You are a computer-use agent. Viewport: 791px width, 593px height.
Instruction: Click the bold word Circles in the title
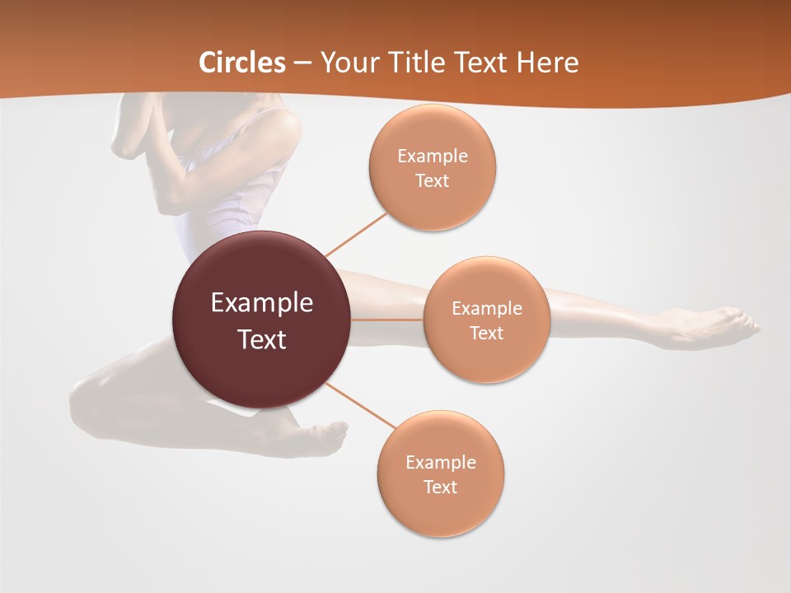coord(241,63)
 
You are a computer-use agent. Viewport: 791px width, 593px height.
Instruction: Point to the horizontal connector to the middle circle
coord(387,320)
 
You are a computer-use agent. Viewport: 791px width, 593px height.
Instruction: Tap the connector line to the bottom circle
coord(360,405)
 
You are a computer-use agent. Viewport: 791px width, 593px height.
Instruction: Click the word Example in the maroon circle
coord(262,303)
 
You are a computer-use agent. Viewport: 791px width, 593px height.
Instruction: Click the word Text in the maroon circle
coord(262,339)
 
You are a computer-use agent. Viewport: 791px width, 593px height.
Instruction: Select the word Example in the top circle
coord(433,156)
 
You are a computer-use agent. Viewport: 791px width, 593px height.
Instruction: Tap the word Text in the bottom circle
coord(440,488)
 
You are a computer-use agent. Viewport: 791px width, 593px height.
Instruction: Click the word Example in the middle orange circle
coord(487,309)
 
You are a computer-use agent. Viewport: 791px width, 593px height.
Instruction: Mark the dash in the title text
coord(302,63)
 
